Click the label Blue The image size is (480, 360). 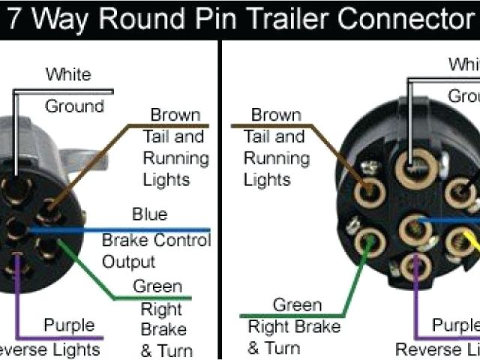[149, 214]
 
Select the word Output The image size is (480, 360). [128, 262]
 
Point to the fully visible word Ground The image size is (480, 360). [74, 106]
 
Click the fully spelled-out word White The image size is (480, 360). [68, 74]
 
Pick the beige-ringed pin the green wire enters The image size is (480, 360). [367, 244]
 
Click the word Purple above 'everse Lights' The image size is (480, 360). [69, 325]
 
